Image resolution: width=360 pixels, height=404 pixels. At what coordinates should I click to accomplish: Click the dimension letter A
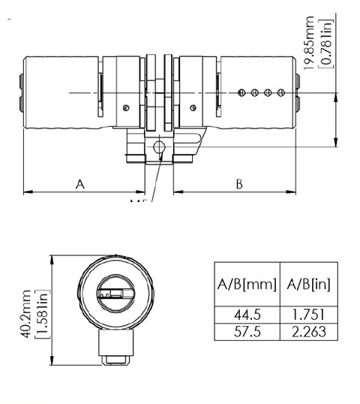point(80,182)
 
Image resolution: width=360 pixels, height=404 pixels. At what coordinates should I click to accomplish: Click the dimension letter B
point(238,182)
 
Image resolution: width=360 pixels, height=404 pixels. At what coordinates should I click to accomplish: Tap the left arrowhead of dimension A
point(27,192)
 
